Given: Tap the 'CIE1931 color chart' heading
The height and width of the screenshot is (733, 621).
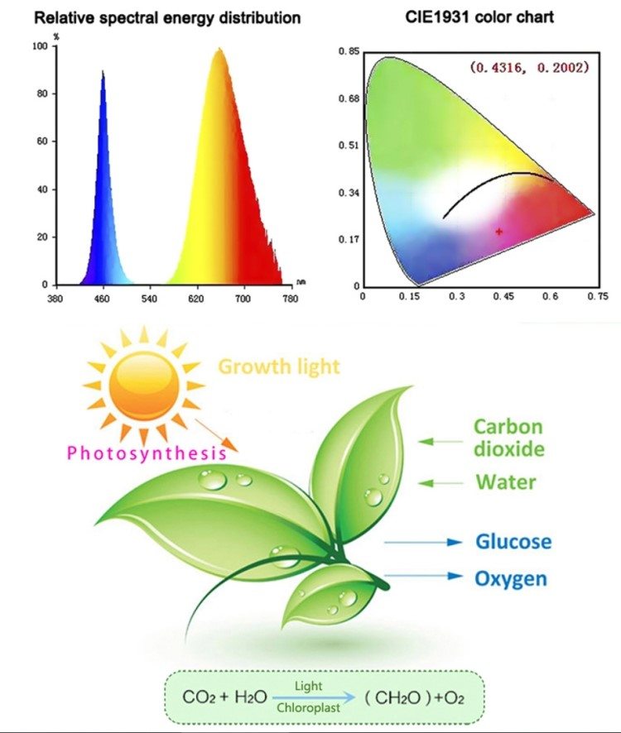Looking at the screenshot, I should coord(469,17).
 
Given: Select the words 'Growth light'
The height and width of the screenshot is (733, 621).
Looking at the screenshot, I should coord(279,366).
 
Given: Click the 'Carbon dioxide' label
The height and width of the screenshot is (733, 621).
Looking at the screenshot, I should coord(508,438).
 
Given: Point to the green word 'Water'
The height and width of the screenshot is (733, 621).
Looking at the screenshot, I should coord(506,481).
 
